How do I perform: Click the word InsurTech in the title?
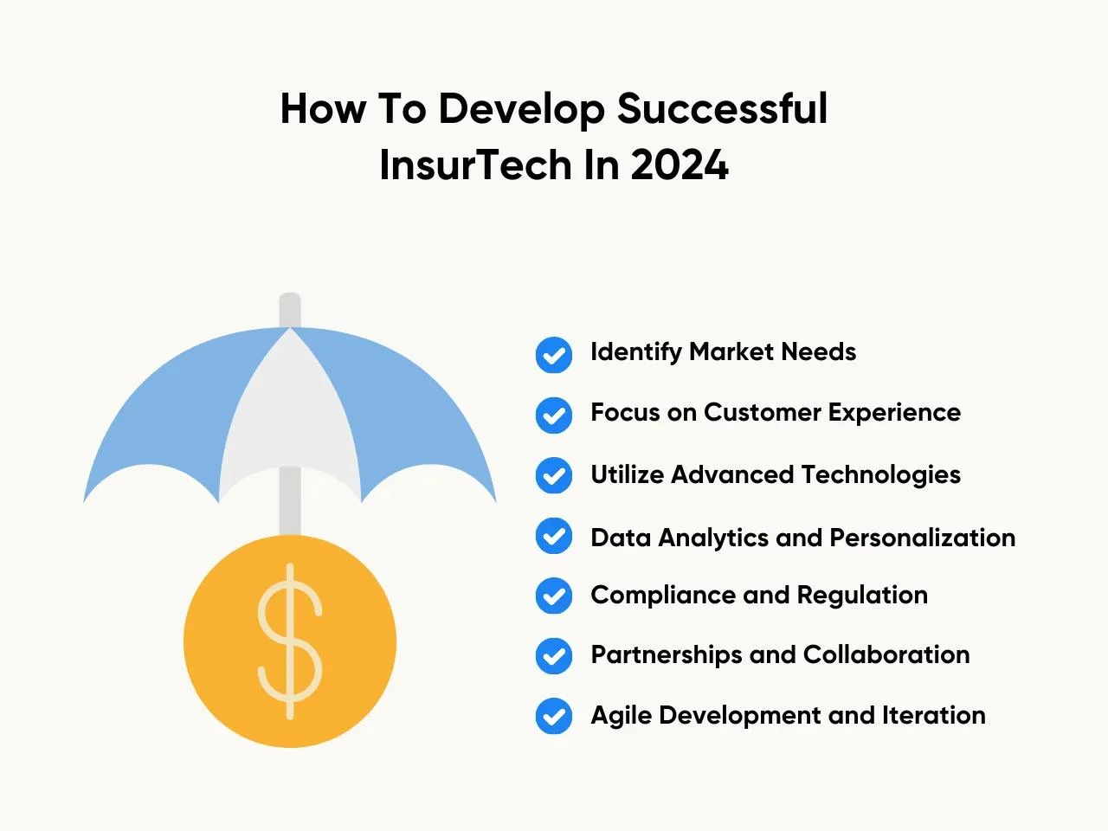click(x=475, y=165)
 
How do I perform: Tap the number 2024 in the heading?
click(x=680, y=165)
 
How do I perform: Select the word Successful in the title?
click(x=722, y=108)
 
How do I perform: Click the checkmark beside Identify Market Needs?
click(x=554, y=355)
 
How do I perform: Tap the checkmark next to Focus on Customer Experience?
click(x=554, y=415)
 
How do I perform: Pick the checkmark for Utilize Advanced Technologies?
click(x=554, y=475)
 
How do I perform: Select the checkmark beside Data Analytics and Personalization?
click(x=554, y=536)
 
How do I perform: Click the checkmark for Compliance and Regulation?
click(x=554, y=596)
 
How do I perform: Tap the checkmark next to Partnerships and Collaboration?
click(x=554, y=656)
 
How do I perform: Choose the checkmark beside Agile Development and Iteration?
click(x=554, y=716)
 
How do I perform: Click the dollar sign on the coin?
click(x=290, y=641)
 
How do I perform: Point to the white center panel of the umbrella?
click(x=290, y=414)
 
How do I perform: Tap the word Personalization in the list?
click(x=922, y=538)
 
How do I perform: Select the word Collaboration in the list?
click(x=886, y=655)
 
